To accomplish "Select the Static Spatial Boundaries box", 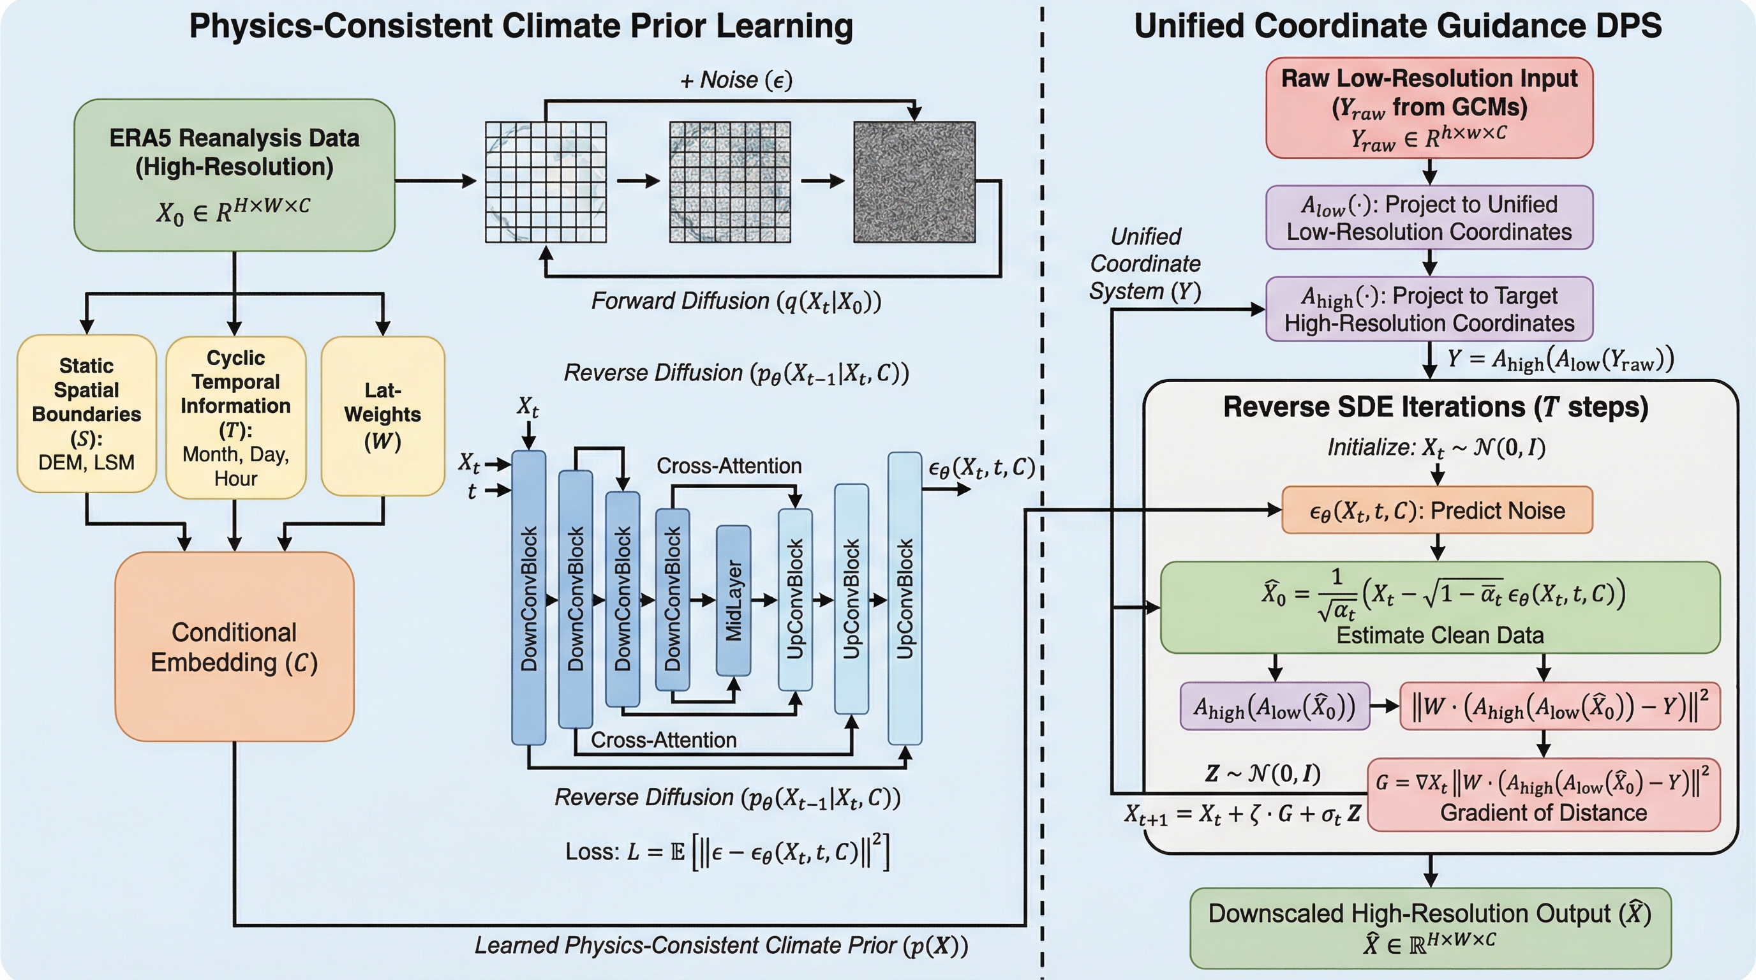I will click(x=87, y=413).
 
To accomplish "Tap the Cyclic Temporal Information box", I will click(x=235, y=417).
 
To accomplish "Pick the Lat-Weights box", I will click(x=382, y=416).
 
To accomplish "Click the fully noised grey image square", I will click(x=914, y=182).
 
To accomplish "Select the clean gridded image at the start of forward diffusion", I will click(x=546, y=182).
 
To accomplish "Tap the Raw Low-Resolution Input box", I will click(x=1429, y=108).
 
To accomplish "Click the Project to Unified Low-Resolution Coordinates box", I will click(x=1429, y=218).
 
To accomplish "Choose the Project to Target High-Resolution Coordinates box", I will click(x=1429, y=309).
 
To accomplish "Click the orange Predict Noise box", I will click(x=1437, y=510).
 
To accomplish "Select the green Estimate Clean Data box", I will click(x=1440, y=607).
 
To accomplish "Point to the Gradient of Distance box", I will click(x=1544, y=794).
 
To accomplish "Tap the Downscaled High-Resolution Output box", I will click(x=1430, y=927).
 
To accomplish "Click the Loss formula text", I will click(x=727, y=851).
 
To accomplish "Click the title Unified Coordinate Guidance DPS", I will click(x=1397, y=26).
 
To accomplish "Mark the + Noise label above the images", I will click(x=736, y=80).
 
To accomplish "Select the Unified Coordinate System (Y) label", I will click(x=1145, y=264).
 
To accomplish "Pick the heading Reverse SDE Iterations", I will click(x=1436, y=407).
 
